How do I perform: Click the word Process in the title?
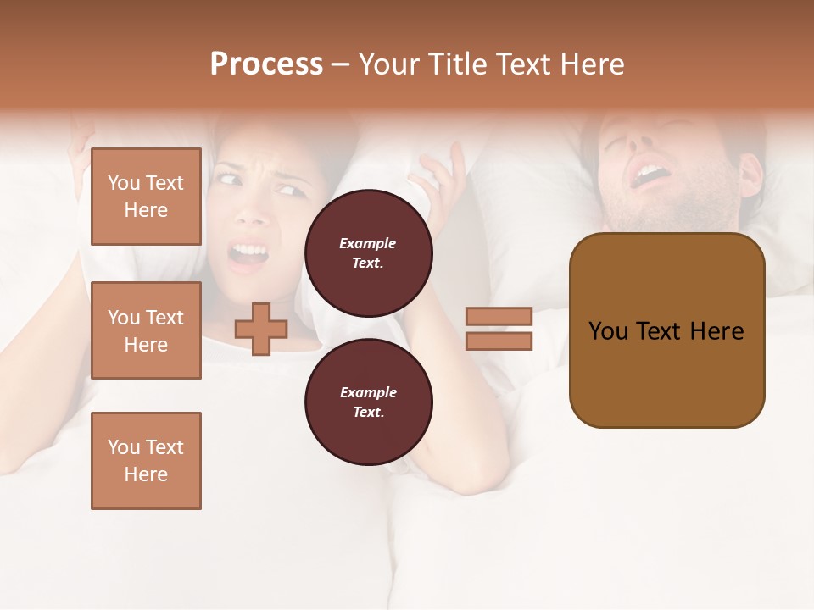click(266, 64)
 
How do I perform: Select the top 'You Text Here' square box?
click(146, 197)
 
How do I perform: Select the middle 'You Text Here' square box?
click(146, 330)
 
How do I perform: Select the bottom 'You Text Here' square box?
click(146, 460)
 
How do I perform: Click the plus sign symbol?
click(261, 329)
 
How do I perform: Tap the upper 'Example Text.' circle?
click(368, 252)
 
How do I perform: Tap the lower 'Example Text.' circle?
click(368, 402)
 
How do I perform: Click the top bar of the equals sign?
click(499, 316)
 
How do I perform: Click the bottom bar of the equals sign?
click(499, 341)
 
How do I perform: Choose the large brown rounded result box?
click(666, 330)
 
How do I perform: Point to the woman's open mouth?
click(248, 253)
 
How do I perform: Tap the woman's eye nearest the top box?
click(228, 179)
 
